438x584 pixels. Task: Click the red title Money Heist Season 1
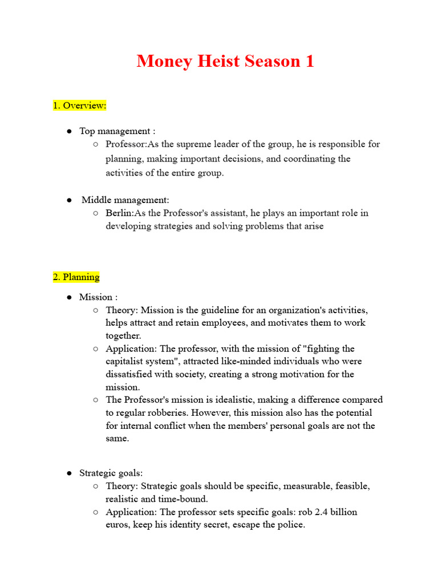pyautogui.click(x=225, y=61)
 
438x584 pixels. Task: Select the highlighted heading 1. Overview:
pyautogui.click(x=79, y=106)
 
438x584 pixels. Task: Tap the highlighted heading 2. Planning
pyautogui.click(x=76, y=277)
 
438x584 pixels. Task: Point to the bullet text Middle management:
pyautogui.click(x=125, y=200)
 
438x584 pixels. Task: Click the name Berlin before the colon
pyautogui.click(x=119, y=213)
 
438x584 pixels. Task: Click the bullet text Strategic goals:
pyautogui.click(x=111, y=473)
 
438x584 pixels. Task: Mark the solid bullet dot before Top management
pyautogui.click(x=68, y=131)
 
